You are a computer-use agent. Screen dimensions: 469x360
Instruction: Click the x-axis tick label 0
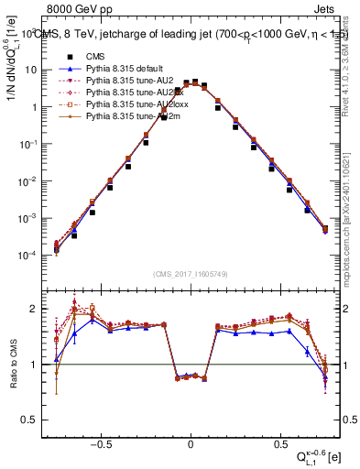coord(191,442)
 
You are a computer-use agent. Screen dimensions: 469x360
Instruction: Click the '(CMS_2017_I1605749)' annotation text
coord(191,275)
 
